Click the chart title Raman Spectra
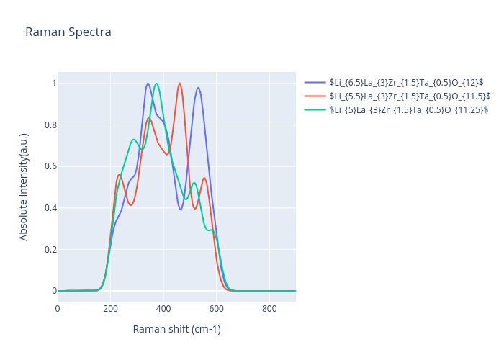[x=68, y=32]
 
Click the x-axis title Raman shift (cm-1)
[x=176, y=329]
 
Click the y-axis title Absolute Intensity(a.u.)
[x=24, y=186]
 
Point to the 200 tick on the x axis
[x=110, y=308]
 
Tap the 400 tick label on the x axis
[x=163, y=308]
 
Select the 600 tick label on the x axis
[x=216, y=308]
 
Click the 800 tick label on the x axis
[x=269, y=308]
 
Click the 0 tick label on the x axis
[x=58, y=308]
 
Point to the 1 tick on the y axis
[x=51, y=84]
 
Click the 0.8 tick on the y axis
[x=48, y=125]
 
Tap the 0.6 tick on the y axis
[x=48, y=166]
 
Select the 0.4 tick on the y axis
[x=48, y=208]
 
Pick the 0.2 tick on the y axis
[x=48, y=250]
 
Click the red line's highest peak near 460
[x=179, y=84]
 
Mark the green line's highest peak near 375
[x=156, y=84]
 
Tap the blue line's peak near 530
[x=198, y=88]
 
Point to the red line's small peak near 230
[x=120, y=174]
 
